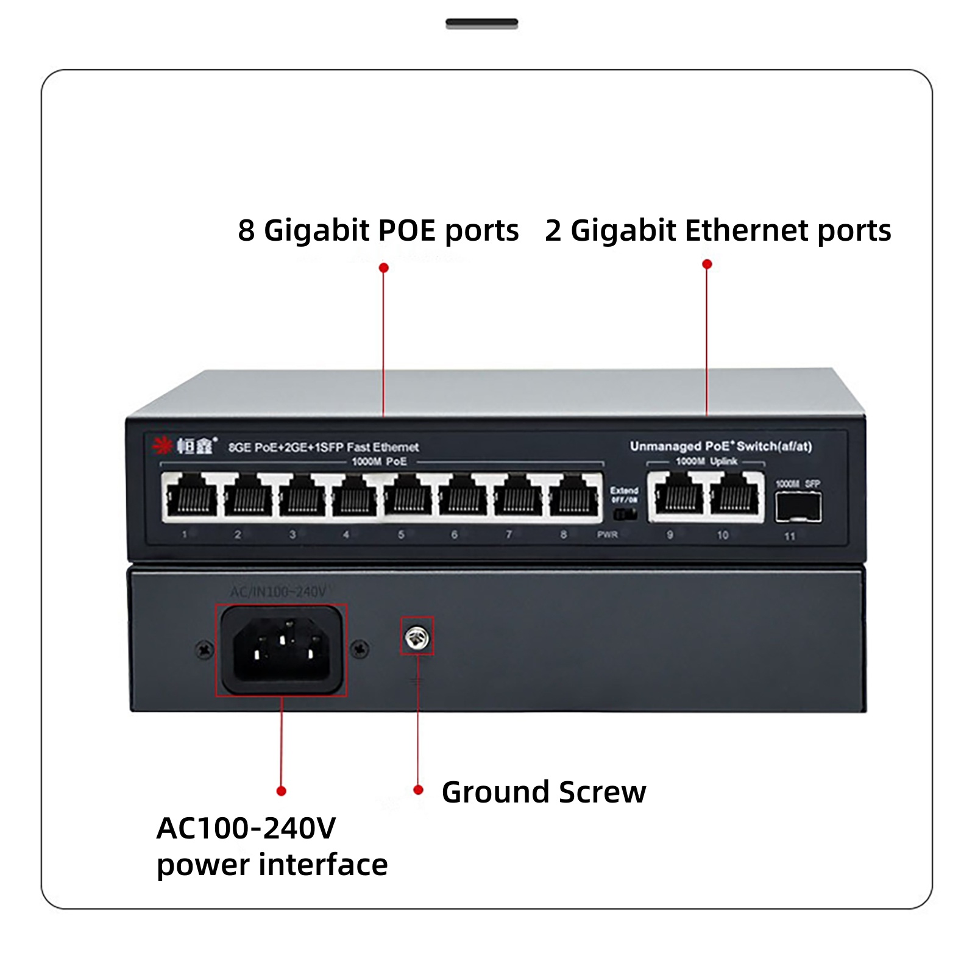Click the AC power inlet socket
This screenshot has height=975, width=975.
(282, 650)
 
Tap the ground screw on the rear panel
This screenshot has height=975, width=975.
(417, 637)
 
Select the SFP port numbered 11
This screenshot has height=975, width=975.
(798, 507)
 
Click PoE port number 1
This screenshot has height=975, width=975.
(191, 497)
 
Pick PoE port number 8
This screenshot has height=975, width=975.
(573, 497)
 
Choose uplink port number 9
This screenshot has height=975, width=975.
(678, 497)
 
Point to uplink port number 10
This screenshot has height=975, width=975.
(734, 497)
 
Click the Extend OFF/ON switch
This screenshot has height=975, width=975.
(624, 514)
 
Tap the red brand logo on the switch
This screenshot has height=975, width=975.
(163, 446)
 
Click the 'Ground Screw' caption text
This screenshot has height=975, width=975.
(544, 792)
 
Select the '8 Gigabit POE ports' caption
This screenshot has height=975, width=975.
(378, 230)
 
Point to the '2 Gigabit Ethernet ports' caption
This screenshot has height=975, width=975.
(718, 230)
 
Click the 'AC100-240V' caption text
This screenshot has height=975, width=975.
(246, 828)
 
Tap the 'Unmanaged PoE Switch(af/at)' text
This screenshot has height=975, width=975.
(721, 446)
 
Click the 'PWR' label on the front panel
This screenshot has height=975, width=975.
(607, 534)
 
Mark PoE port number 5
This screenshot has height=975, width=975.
(408, 497)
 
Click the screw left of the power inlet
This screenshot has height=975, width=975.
(204, 650)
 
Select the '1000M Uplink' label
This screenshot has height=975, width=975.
(706, 461)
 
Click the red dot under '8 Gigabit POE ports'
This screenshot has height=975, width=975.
(383, 268)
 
